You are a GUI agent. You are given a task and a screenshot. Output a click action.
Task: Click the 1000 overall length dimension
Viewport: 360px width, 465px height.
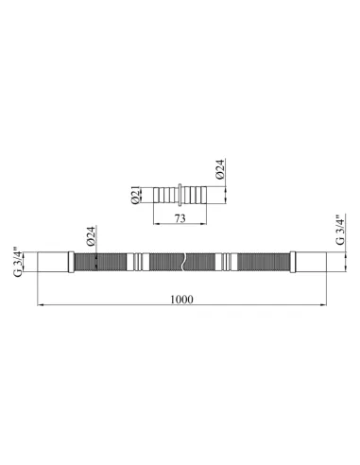pos(181,299)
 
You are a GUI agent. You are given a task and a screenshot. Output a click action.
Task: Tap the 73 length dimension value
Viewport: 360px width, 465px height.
pos(180,218)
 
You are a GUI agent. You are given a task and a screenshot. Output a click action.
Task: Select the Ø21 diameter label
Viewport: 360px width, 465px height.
pos(135,196)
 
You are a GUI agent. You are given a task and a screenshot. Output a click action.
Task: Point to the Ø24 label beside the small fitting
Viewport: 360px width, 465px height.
pos(220,169)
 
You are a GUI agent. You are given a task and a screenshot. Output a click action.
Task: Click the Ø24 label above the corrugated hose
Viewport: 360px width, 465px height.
pos(91,236)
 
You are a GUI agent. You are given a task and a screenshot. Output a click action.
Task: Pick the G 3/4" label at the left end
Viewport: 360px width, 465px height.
pos(18,263)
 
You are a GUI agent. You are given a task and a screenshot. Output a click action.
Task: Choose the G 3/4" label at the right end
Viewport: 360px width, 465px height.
pos(340,231)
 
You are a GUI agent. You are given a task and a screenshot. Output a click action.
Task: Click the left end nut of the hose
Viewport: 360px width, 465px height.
pos(53,262)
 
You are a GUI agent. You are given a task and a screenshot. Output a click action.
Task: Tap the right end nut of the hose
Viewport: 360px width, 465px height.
pos(311,262)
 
